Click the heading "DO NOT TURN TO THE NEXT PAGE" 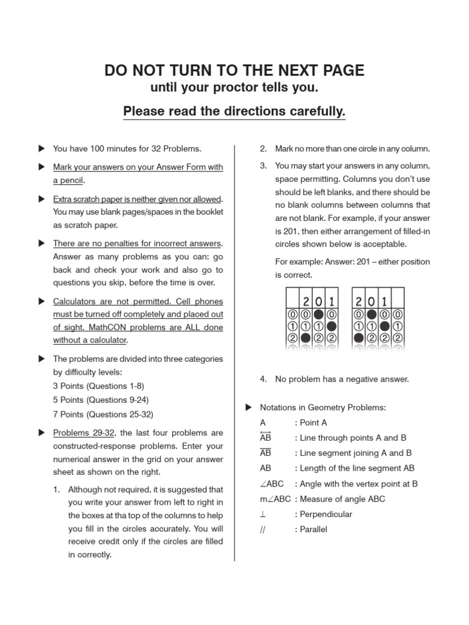tap(234, 70)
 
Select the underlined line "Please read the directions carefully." tap(234, 111)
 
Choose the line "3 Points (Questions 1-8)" tap(98, 386)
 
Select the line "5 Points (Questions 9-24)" tap(101, 400)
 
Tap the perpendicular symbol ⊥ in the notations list tap(263, 514)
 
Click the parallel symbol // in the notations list tap(263, 529)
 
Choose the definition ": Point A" tap(311, 422)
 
